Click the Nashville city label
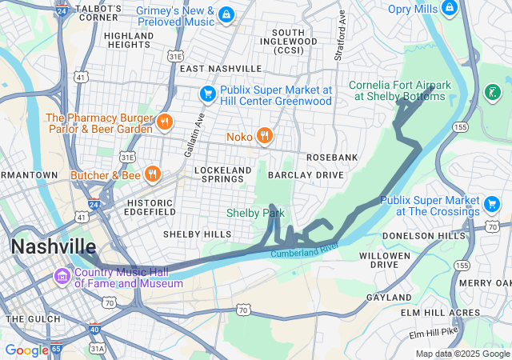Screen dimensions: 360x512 click(53, 246)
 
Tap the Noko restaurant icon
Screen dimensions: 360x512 click(262, 136)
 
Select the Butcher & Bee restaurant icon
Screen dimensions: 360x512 click(152, 174)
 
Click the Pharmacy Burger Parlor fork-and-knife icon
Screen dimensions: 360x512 click(164, 122)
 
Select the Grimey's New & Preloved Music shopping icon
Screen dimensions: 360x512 click(227, 14)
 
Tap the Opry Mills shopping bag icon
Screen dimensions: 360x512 click(452, 9)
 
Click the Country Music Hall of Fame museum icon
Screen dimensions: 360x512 click(62, 277)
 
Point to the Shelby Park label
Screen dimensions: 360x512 click(255, 214)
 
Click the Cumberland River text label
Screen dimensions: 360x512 click(305, 250)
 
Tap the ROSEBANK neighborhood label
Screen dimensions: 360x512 click(332, 158)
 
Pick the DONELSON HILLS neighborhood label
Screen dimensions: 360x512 click(423, 236)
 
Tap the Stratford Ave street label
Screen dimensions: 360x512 click(341, 36)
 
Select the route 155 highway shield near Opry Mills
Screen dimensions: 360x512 click(461, 127)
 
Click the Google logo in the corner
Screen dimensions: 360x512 click(26, 350)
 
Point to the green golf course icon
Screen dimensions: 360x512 click(493, 92)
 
